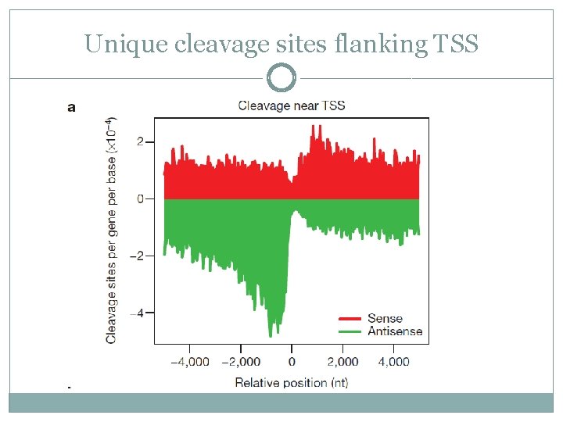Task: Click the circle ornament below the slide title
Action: coord(281,78)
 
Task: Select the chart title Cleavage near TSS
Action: coord(291,105)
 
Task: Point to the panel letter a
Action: coord(72,107)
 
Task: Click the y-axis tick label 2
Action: coord(140,142)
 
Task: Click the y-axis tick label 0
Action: coord(140,199)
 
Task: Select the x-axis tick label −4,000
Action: coord(189,362)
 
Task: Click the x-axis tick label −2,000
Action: coord(240,362)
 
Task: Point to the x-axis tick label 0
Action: coord(292,362)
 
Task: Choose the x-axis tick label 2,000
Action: coord(342,362)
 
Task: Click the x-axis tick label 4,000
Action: coord(393,362)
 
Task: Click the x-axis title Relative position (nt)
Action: coord(291,382)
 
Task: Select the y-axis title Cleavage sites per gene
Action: coord(112,231)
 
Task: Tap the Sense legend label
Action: coord(385,318)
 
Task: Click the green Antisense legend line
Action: coord(349,331)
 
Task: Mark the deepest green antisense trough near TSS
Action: coord(271,334)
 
